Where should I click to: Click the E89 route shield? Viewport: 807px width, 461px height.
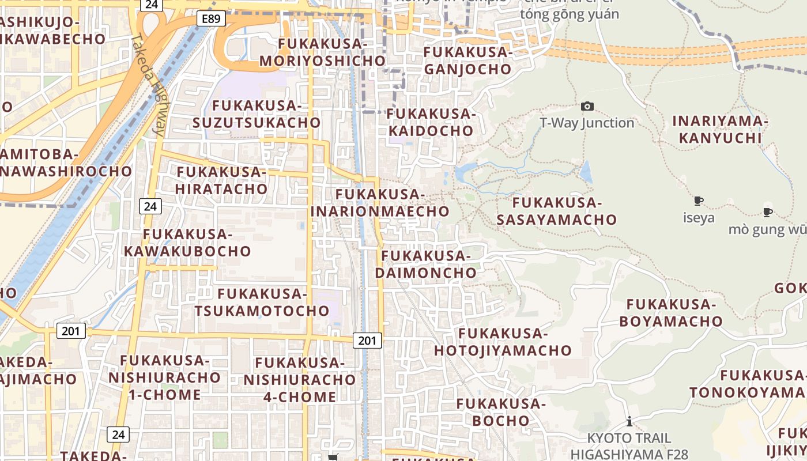point(211,19)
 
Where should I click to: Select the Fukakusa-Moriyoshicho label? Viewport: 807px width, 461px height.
point(322,52)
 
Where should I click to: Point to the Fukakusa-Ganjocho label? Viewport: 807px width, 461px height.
point(467,61)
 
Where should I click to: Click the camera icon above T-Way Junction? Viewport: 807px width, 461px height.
point(587,106)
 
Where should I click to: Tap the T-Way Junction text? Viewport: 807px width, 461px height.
point(587,123)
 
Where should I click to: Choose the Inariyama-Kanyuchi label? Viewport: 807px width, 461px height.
point(720,130)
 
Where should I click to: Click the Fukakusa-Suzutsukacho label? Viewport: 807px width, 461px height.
point(257,114)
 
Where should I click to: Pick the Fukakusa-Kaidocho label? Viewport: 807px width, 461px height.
point(431,122)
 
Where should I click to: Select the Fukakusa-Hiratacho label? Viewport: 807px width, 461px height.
point(221,180)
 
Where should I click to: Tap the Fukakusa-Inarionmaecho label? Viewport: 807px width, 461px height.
point(380,203)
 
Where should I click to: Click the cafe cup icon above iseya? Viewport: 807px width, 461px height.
point(699,201)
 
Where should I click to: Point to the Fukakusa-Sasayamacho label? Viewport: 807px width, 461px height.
point(557,211)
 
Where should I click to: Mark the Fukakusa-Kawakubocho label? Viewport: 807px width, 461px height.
point(187,243)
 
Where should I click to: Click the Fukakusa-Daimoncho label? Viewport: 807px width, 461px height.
point(427,264)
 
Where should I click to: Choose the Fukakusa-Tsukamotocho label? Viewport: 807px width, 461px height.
point(262,303)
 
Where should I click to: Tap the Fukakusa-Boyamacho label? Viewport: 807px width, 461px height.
point(671,313)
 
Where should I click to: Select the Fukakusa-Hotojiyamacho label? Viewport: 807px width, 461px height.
point(503,342)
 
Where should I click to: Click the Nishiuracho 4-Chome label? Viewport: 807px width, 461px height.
point(299,380)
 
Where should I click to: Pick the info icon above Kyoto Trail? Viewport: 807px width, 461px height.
point(629,421)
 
